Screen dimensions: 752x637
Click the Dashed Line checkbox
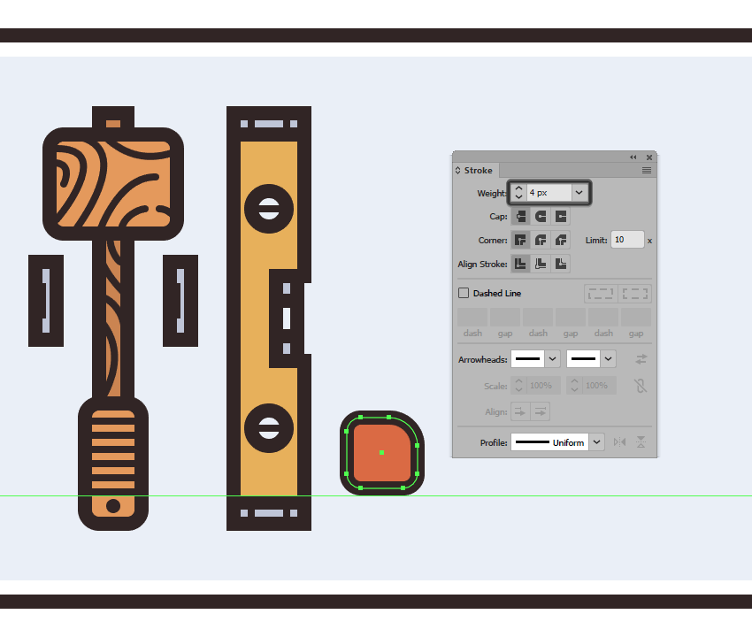(x=464, y=293)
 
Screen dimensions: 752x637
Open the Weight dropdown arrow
(x=579, y=193)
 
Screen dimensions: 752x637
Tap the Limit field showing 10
(x=627, y=240)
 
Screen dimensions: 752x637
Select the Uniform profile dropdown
(x=556, y=442)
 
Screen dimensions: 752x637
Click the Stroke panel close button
(x=648, y=157)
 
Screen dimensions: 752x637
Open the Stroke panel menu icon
(x=647, y=170)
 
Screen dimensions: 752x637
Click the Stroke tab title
(x=478, y=170)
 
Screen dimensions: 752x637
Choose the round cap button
(x=541, y=217)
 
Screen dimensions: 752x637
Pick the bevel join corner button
(x=561, y=240)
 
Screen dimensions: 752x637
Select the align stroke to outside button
(x=561, y=264)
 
